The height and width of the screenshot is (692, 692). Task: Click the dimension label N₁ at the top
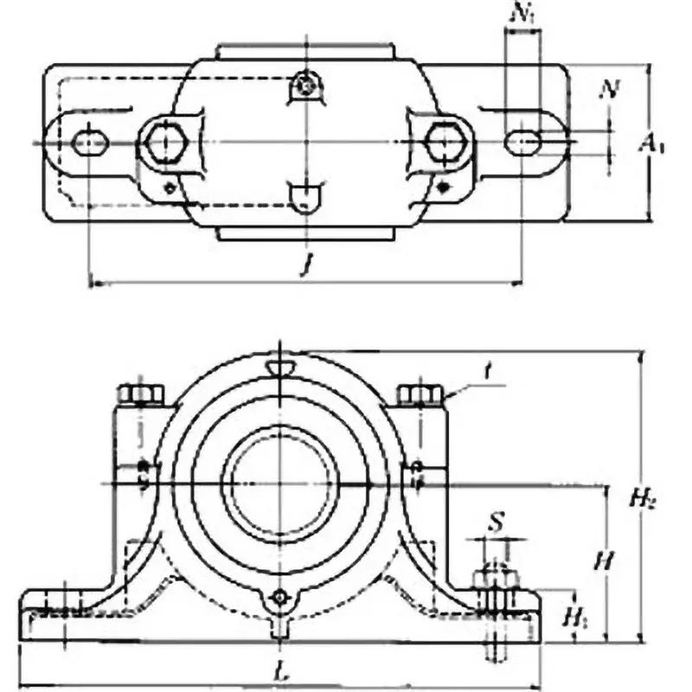[521, 13]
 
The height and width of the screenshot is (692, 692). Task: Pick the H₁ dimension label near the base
[573, 616]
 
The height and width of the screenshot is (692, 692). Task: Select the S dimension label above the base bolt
[495, 522]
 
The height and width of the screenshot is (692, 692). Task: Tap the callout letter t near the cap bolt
[489, 373]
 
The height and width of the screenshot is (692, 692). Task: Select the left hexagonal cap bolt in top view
[162, 141]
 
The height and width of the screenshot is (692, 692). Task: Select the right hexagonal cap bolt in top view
[443, 141]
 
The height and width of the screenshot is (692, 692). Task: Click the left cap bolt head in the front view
[140, 395]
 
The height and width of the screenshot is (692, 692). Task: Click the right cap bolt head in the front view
[420, 395]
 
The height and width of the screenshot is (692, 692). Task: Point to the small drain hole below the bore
[279, 598]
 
